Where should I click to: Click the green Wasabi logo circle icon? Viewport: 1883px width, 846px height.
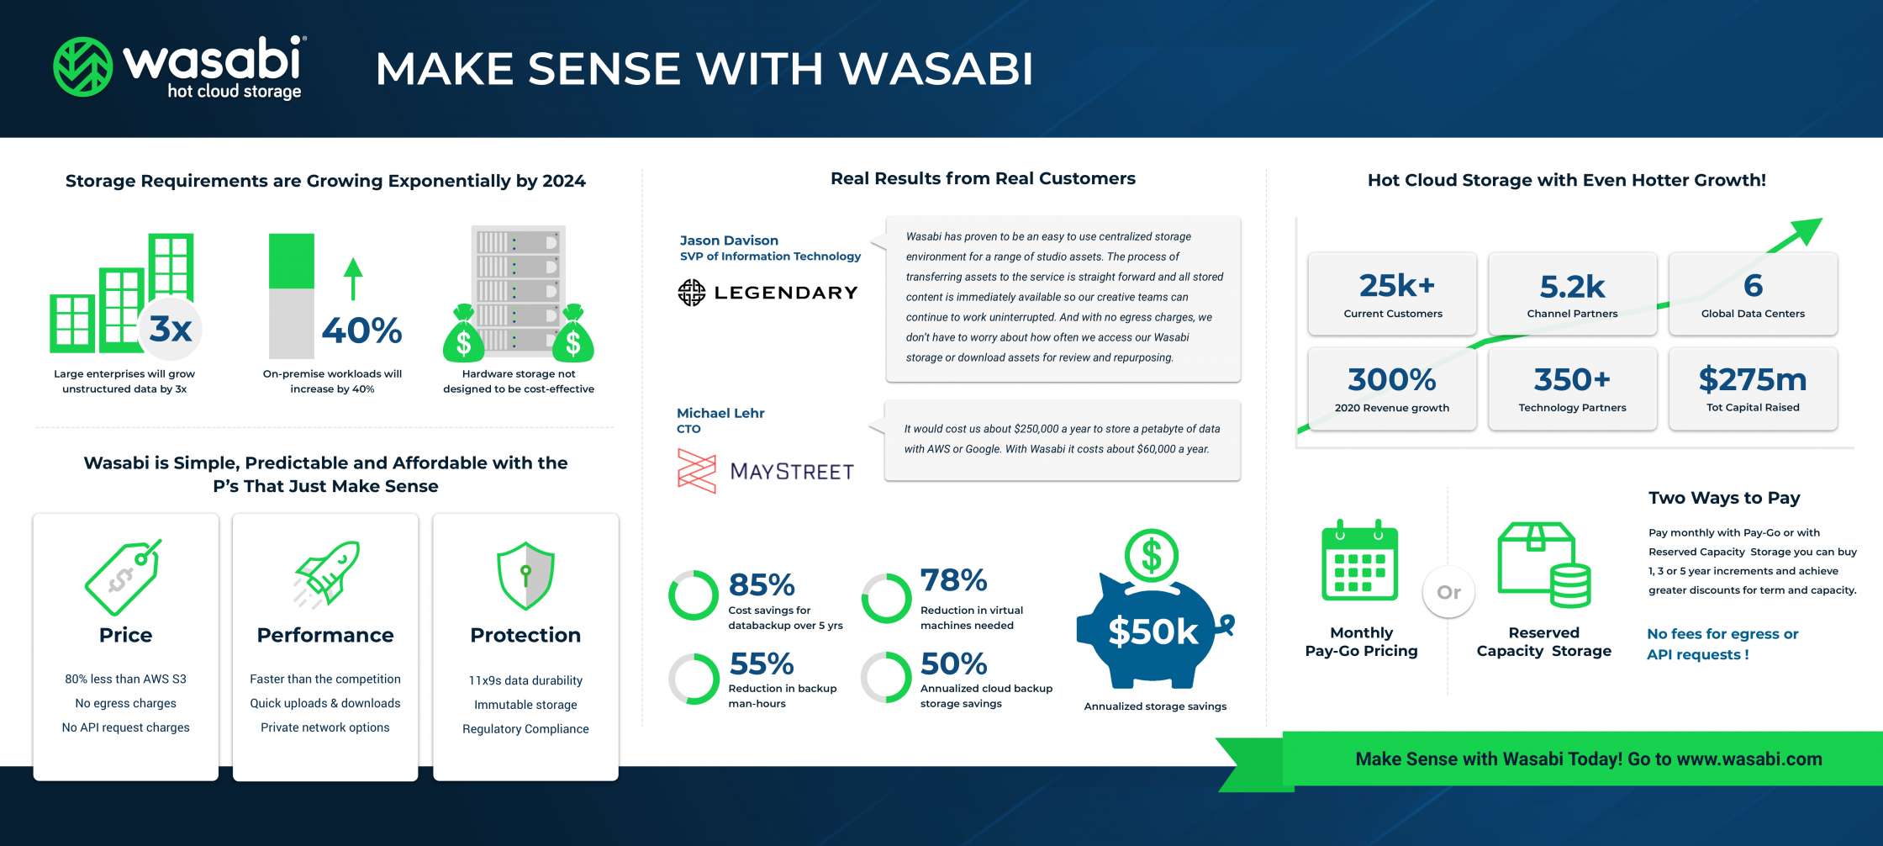point(82,66)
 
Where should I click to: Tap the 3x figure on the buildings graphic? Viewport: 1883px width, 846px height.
point(171,329)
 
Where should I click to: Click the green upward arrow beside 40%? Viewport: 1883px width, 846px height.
point(353,278)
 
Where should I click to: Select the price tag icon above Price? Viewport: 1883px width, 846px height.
point(123,577)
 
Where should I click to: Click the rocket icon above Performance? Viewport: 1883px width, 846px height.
point(326,574)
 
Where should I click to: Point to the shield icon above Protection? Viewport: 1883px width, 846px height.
point(525,575)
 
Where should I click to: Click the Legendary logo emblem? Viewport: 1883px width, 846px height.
point(692,293)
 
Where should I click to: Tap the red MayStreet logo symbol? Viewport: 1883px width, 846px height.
point(696,470)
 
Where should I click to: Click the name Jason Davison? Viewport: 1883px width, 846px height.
point(729,241)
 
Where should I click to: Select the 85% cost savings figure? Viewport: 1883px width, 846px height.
point(762,584)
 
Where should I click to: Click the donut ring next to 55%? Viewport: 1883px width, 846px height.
point(694,679)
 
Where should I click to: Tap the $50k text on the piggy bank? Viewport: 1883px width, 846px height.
point(1152,632)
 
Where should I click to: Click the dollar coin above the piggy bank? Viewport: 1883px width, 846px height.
point(1151,556)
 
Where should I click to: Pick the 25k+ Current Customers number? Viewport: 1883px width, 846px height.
point(1396,286)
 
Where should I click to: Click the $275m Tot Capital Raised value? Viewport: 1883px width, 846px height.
point(1753,380)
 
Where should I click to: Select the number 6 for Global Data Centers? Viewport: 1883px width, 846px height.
point(1753,286)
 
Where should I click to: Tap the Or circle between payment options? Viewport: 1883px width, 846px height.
point(1448,592)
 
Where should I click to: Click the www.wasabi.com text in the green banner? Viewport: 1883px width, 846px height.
point(1748,759)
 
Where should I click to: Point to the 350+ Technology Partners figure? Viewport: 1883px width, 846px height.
point(1572,380)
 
